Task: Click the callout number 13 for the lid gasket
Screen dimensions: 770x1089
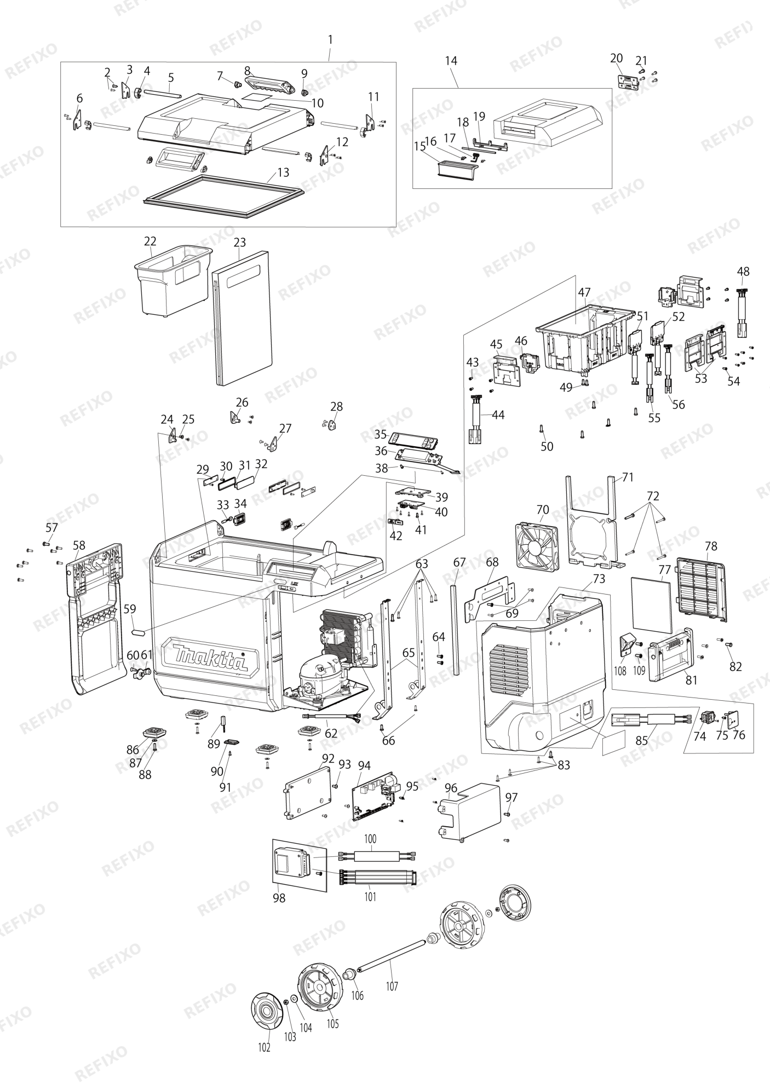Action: (x=283, y=172)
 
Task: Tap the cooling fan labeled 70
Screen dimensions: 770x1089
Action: (x=536, y=544)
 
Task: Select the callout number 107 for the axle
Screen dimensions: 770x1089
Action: (x=392, y=987)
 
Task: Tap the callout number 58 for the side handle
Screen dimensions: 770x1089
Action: (x=79, y=545)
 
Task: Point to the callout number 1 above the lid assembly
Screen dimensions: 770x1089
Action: (x=330, y=40)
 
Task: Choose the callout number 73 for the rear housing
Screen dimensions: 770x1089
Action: (x=599, y=578)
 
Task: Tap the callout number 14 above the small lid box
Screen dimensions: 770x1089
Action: (x=451, y=60)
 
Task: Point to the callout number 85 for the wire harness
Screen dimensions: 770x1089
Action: (x=642, y=741)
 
